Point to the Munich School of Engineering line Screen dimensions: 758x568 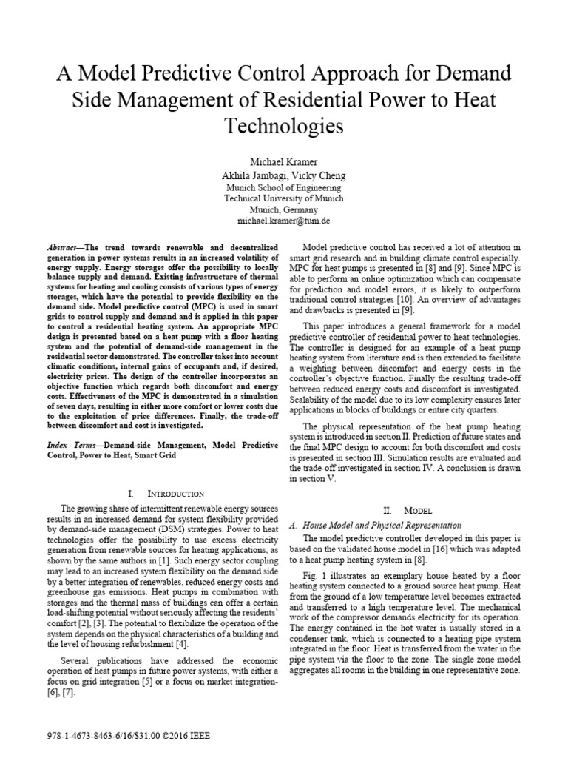285,188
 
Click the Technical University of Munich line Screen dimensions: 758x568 285,199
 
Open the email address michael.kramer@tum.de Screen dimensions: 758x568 285,221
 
